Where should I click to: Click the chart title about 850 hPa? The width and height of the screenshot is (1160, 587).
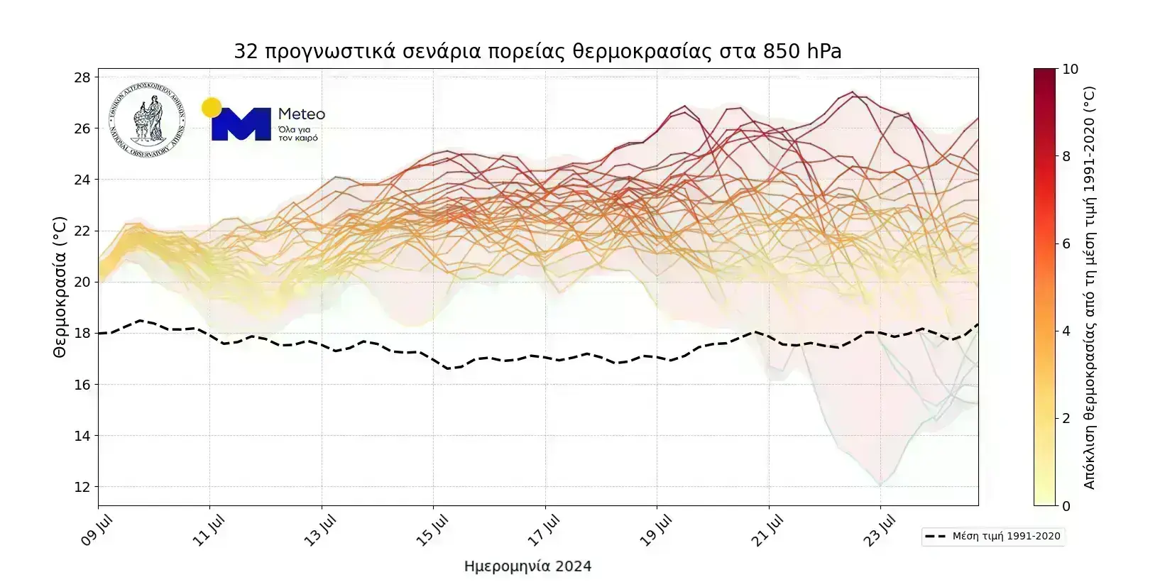point(537,52)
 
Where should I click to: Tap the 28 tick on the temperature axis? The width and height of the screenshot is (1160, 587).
point(82,77)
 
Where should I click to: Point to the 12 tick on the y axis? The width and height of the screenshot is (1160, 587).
point(82,487)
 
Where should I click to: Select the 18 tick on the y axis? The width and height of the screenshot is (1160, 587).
point(82,333)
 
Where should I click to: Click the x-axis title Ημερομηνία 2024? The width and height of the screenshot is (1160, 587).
point(527,566)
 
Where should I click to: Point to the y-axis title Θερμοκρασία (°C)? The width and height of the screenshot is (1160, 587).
point(60,287)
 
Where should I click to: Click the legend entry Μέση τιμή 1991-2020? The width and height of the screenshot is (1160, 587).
point(994,537)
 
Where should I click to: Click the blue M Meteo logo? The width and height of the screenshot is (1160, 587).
point(241,124)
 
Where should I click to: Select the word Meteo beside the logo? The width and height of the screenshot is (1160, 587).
point(302,114)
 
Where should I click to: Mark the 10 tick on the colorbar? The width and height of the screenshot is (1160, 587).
point(1070,70)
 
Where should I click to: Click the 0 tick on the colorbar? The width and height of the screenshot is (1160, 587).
point(1066,506)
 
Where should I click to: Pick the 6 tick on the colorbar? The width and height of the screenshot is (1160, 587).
point(1066,244)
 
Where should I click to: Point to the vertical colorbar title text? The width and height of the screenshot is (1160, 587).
point(1090,287)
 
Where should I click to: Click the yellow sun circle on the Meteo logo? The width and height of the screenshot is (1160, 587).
point(211,108)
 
